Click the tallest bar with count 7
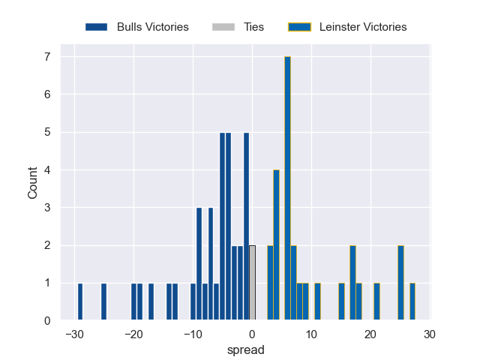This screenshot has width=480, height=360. tap(287, 188)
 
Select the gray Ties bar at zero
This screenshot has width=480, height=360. tap(252, 283)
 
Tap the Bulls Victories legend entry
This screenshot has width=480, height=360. tap(136, 27)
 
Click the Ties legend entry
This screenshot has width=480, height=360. tap(244, 27)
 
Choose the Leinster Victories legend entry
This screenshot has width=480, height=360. tap(347, 27)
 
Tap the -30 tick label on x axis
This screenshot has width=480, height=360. tap(73, 334)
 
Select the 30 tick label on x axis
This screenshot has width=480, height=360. tap(429, 334)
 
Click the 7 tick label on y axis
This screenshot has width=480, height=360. tap(46, 57)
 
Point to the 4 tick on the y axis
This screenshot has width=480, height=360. tap(46, 170)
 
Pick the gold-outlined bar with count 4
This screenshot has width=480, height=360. tap(276, 245)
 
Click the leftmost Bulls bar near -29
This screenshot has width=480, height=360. tap(80, 301)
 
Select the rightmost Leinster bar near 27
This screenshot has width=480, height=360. tap(412, 301)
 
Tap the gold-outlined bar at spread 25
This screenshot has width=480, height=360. tap(400, 283)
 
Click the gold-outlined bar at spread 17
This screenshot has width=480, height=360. tap(352, 283)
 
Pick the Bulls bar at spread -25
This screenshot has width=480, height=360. tap(103, 301)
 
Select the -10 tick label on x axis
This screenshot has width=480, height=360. tap(192, 334)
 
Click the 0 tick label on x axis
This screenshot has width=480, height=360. tap(252, 334)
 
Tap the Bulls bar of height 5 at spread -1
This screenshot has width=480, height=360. tap(246, 226)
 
